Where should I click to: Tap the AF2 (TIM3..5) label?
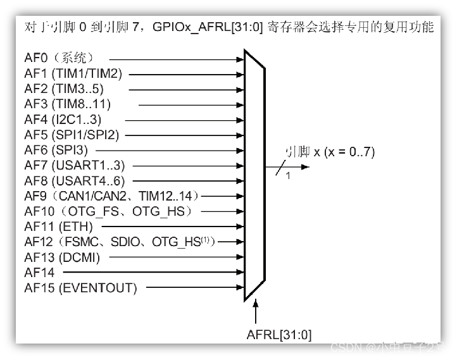click(x=64, y=89)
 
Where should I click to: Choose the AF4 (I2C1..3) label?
click(x=63, y=120)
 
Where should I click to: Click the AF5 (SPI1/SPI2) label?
click(x=72, y=135)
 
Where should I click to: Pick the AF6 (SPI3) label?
click(x=56, y=151)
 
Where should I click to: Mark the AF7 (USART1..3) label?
click(x=75, y=166)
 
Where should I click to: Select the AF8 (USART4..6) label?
click(x=75, y=181)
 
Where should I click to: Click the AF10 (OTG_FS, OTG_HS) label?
click(x=108, y=211)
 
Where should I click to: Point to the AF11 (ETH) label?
click(x=59, y=227)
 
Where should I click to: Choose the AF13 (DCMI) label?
click(x=63, y=258)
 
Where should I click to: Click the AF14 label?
click(x=39, y=273)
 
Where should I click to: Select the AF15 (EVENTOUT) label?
click(x=80, y=288)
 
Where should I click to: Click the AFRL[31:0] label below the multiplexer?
click(x=279, y=334)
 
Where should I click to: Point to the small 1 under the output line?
click(x=288, y=175)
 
